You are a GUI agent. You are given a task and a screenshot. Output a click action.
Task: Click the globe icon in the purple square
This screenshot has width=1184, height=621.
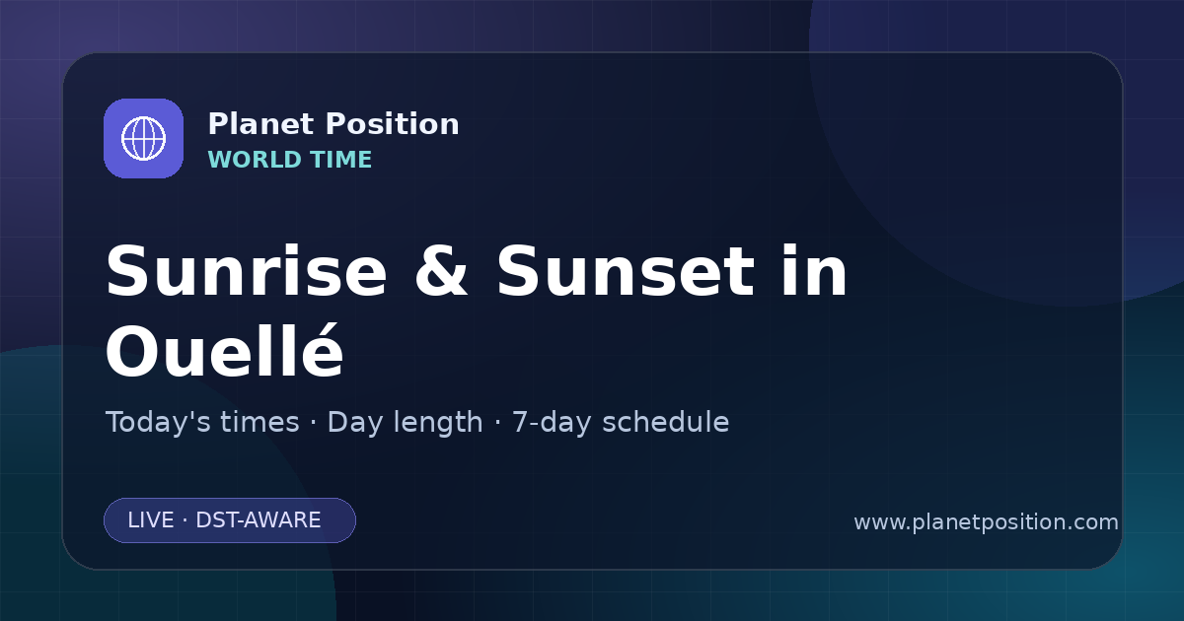[143, 138]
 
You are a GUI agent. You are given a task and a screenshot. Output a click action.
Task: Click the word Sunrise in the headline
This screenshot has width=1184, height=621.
[247, 271]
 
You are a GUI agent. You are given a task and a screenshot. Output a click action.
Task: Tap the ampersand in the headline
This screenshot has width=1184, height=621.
[441, 271]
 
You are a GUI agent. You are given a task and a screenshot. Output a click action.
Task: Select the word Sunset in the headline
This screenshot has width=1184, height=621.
[626, 271]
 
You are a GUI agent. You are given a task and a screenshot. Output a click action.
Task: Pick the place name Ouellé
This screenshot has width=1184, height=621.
[225, 350]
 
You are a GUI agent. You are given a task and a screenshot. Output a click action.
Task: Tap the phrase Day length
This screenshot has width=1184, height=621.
[405, 423]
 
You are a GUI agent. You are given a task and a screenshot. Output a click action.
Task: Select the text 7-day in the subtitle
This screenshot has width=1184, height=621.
[552, 423]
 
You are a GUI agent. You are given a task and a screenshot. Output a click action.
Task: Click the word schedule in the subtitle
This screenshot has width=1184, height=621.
[665, 422]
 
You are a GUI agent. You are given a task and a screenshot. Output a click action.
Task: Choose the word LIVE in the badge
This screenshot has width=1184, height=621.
[151, 520]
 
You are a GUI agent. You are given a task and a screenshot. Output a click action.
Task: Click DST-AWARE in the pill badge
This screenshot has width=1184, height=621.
[258, 520]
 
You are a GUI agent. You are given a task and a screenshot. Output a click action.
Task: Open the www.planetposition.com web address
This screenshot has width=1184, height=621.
[986, 522]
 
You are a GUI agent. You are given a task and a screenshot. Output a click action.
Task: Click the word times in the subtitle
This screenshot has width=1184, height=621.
[259, 422]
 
